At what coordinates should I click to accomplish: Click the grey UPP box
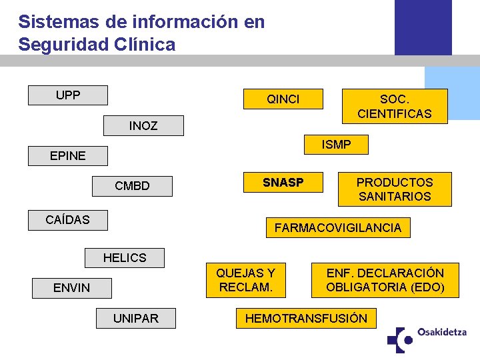pos(67,95)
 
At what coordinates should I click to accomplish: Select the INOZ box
pos(143,125)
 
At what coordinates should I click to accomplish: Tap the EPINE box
pos(67,155)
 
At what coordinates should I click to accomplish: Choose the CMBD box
pos(132,186)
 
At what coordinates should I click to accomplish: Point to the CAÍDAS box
pos(67,219)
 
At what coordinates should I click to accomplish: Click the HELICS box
pos(124,257)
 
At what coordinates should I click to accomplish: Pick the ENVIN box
pos(71,288)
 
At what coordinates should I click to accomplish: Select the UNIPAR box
pos(135,319)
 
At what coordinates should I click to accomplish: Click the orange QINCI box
pos(283,99)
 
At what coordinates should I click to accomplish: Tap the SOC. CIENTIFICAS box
pos(394,106)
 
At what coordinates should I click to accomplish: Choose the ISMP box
pos(336,145)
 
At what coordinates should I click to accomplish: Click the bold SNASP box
pos(283,183)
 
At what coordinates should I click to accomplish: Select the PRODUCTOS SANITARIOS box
pos(394,189)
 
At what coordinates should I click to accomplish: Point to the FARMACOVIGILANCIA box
pos(337,228)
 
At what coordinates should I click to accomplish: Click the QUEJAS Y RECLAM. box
pos(245,280)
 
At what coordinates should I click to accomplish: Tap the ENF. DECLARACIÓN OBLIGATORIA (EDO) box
pos(385,280)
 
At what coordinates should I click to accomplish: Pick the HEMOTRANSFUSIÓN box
pos(306,319)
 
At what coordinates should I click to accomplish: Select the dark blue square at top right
pos(423,27)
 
